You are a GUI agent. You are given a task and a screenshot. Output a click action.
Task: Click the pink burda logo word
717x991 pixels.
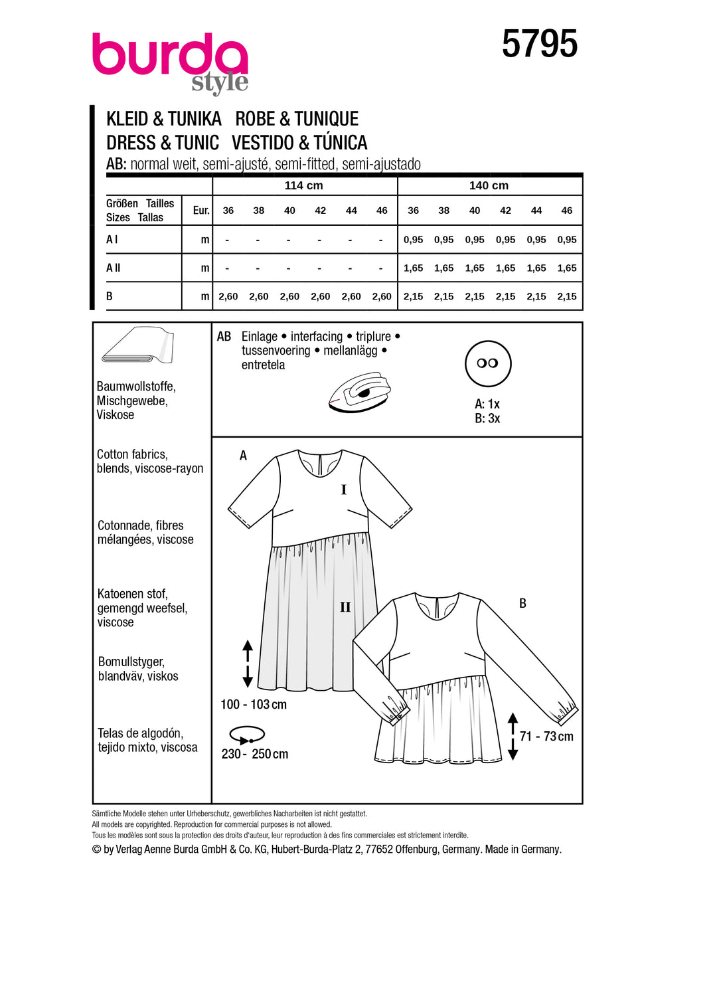tap(169, 54)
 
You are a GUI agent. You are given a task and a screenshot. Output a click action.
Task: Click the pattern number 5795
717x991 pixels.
tap(539, 45)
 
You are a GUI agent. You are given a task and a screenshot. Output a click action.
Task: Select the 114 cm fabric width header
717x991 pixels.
tap(303, 186)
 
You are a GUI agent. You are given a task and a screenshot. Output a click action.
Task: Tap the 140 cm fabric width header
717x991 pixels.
tap(489, 186)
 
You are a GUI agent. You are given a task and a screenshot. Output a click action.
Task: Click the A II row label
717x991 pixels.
tap(114, 268)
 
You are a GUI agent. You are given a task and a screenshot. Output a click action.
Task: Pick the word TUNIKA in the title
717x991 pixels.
tap(195, 119)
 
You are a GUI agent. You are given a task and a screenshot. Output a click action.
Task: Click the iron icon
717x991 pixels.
tap(359, 393)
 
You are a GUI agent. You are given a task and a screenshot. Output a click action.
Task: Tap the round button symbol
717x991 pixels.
tap(488, 363)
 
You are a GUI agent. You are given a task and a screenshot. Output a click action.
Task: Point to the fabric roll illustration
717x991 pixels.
tap(138, 345)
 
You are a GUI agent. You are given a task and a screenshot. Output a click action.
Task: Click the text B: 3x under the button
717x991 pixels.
tap(487, 418)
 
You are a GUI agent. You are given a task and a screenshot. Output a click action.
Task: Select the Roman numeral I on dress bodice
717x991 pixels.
tap(344, 490)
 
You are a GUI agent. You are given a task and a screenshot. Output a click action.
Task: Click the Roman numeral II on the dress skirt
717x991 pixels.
tap(345, 607)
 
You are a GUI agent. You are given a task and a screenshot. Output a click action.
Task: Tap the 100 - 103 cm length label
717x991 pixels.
tap(254, 705)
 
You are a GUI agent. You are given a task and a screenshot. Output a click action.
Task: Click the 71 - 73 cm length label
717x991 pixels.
tap(546, 737)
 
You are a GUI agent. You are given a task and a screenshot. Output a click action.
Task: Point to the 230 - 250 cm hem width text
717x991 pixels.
tap(255, 754)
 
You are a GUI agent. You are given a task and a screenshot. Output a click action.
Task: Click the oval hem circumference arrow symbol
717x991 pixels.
tap(247, 735)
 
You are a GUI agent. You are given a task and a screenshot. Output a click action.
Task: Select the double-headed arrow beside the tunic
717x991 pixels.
tap(513, 736)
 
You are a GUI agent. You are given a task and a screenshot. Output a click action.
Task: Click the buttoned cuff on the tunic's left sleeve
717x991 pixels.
tap(396, 709)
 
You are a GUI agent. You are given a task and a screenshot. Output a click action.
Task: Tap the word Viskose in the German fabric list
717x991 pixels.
tap(116, 415)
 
